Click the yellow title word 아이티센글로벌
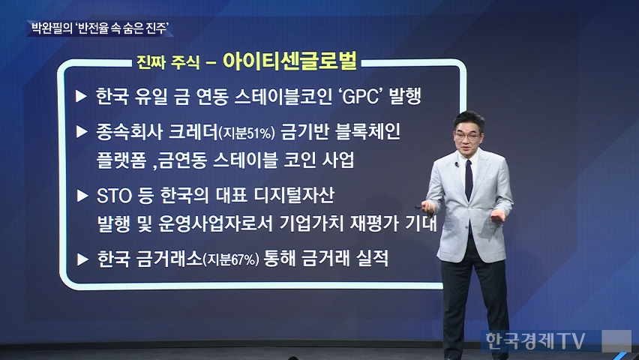(289, 61)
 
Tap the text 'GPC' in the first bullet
(361, 97)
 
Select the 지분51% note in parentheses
(247, 133)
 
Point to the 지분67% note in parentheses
(231, 259)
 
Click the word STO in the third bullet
(114, 196)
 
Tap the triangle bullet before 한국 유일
(82, 97)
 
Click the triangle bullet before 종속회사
(82, 132)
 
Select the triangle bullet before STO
(82, 196)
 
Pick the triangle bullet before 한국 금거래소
(82, 259)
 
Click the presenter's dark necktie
(469, 180)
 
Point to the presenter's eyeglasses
(468, 135)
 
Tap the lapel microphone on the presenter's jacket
(457, 165)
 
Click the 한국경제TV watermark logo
(535, 340)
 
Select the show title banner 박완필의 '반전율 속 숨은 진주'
(100, 28)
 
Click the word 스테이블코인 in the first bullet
(283, 97)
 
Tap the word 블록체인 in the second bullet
(367, 132)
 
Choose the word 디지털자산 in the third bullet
(294, 196)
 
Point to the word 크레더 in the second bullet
(193, 132)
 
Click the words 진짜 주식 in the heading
(168, 62)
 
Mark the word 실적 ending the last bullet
(372, 258)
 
